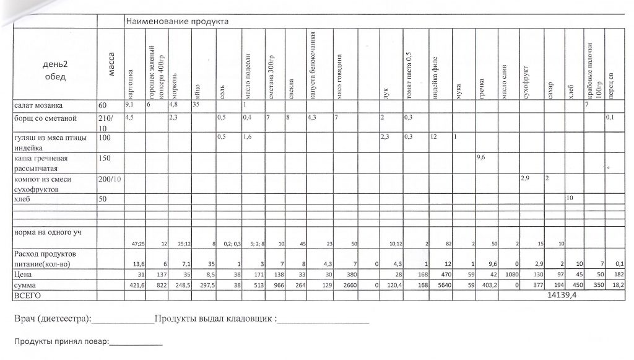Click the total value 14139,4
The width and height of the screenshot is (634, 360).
[x=561, y=297]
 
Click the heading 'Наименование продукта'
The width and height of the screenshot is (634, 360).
[x=177, y=22]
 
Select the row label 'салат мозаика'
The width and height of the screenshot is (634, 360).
[x=38, y=106]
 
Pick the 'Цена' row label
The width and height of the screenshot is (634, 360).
[x=24, y=273]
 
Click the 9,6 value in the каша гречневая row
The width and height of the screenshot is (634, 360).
[x=481, y=157]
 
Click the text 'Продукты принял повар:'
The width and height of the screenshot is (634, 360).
[x=61, y=341]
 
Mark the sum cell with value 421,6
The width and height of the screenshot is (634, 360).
[x=134, y=286]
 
